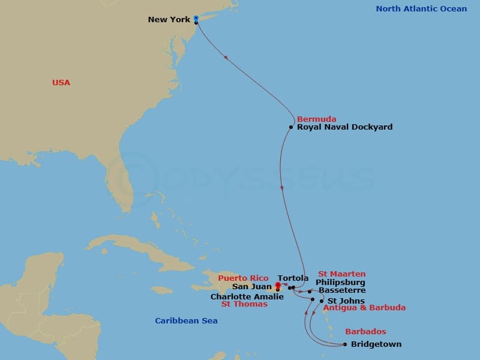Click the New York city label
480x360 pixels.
pos(169,20)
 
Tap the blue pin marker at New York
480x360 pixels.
pos(196,19)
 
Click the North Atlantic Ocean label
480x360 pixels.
pos(421,8)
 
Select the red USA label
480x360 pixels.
pos(61,82)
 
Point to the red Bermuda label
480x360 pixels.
pos(316,119)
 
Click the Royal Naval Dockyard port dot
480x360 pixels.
pos(291,127)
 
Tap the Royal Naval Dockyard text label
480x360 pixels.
pos(345,127)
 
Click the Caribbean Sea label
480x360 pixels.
pos(186,321)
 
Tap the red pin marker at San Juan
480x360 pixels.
pos(277,286)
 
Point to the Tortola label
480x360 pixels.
pos(293,278)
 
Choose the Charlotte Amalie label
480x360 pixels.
pos(247,296)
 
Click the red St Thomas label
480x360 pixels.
pos(245,304)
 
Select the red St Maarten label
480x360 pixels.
pos(341,274)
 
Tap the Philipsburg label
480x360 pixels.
pos(340,283)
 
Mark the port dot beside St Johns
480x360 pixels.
pos(322,301)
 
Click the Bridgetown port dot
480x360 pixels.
pos(344,344)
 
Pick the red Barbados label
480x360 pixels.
pos(365,332)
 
